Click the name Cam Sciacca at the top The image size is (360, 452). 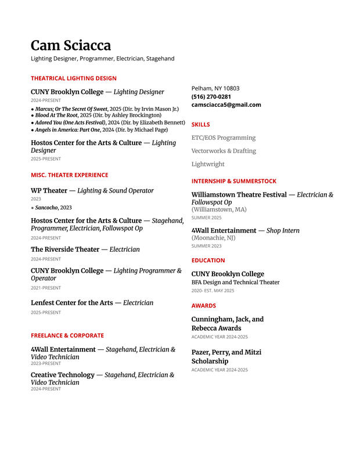[x=70, y=46]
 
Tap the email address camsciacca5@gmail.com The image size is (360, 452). [x=226, y=104]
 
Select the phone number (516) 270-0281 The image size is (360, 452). [x=211, y=96]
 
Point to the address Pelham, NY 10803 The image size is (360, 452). [x=215, y=88]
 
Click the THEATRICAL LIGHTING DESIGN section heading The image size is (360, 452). [x=73, y=78]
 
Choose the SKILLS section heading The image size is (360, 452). [x=200, y=124]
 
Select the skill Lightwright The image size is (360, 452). [x=208, y=164]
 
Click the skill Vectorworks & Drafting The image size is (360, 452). [x=224, y=151]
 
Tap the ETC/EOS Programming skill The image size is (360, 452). [x=224, y=138]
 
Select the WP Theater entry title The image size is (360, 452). [x=49, y=190]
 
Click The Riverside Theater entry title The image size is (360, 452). [x=65, y=249]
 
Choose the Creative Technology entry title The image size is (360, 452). [x=62, y=375]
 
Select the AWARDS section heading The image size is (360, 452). [x=203, y=305]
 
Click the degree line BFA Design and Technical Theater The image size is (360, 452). [x=235, y=283]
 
